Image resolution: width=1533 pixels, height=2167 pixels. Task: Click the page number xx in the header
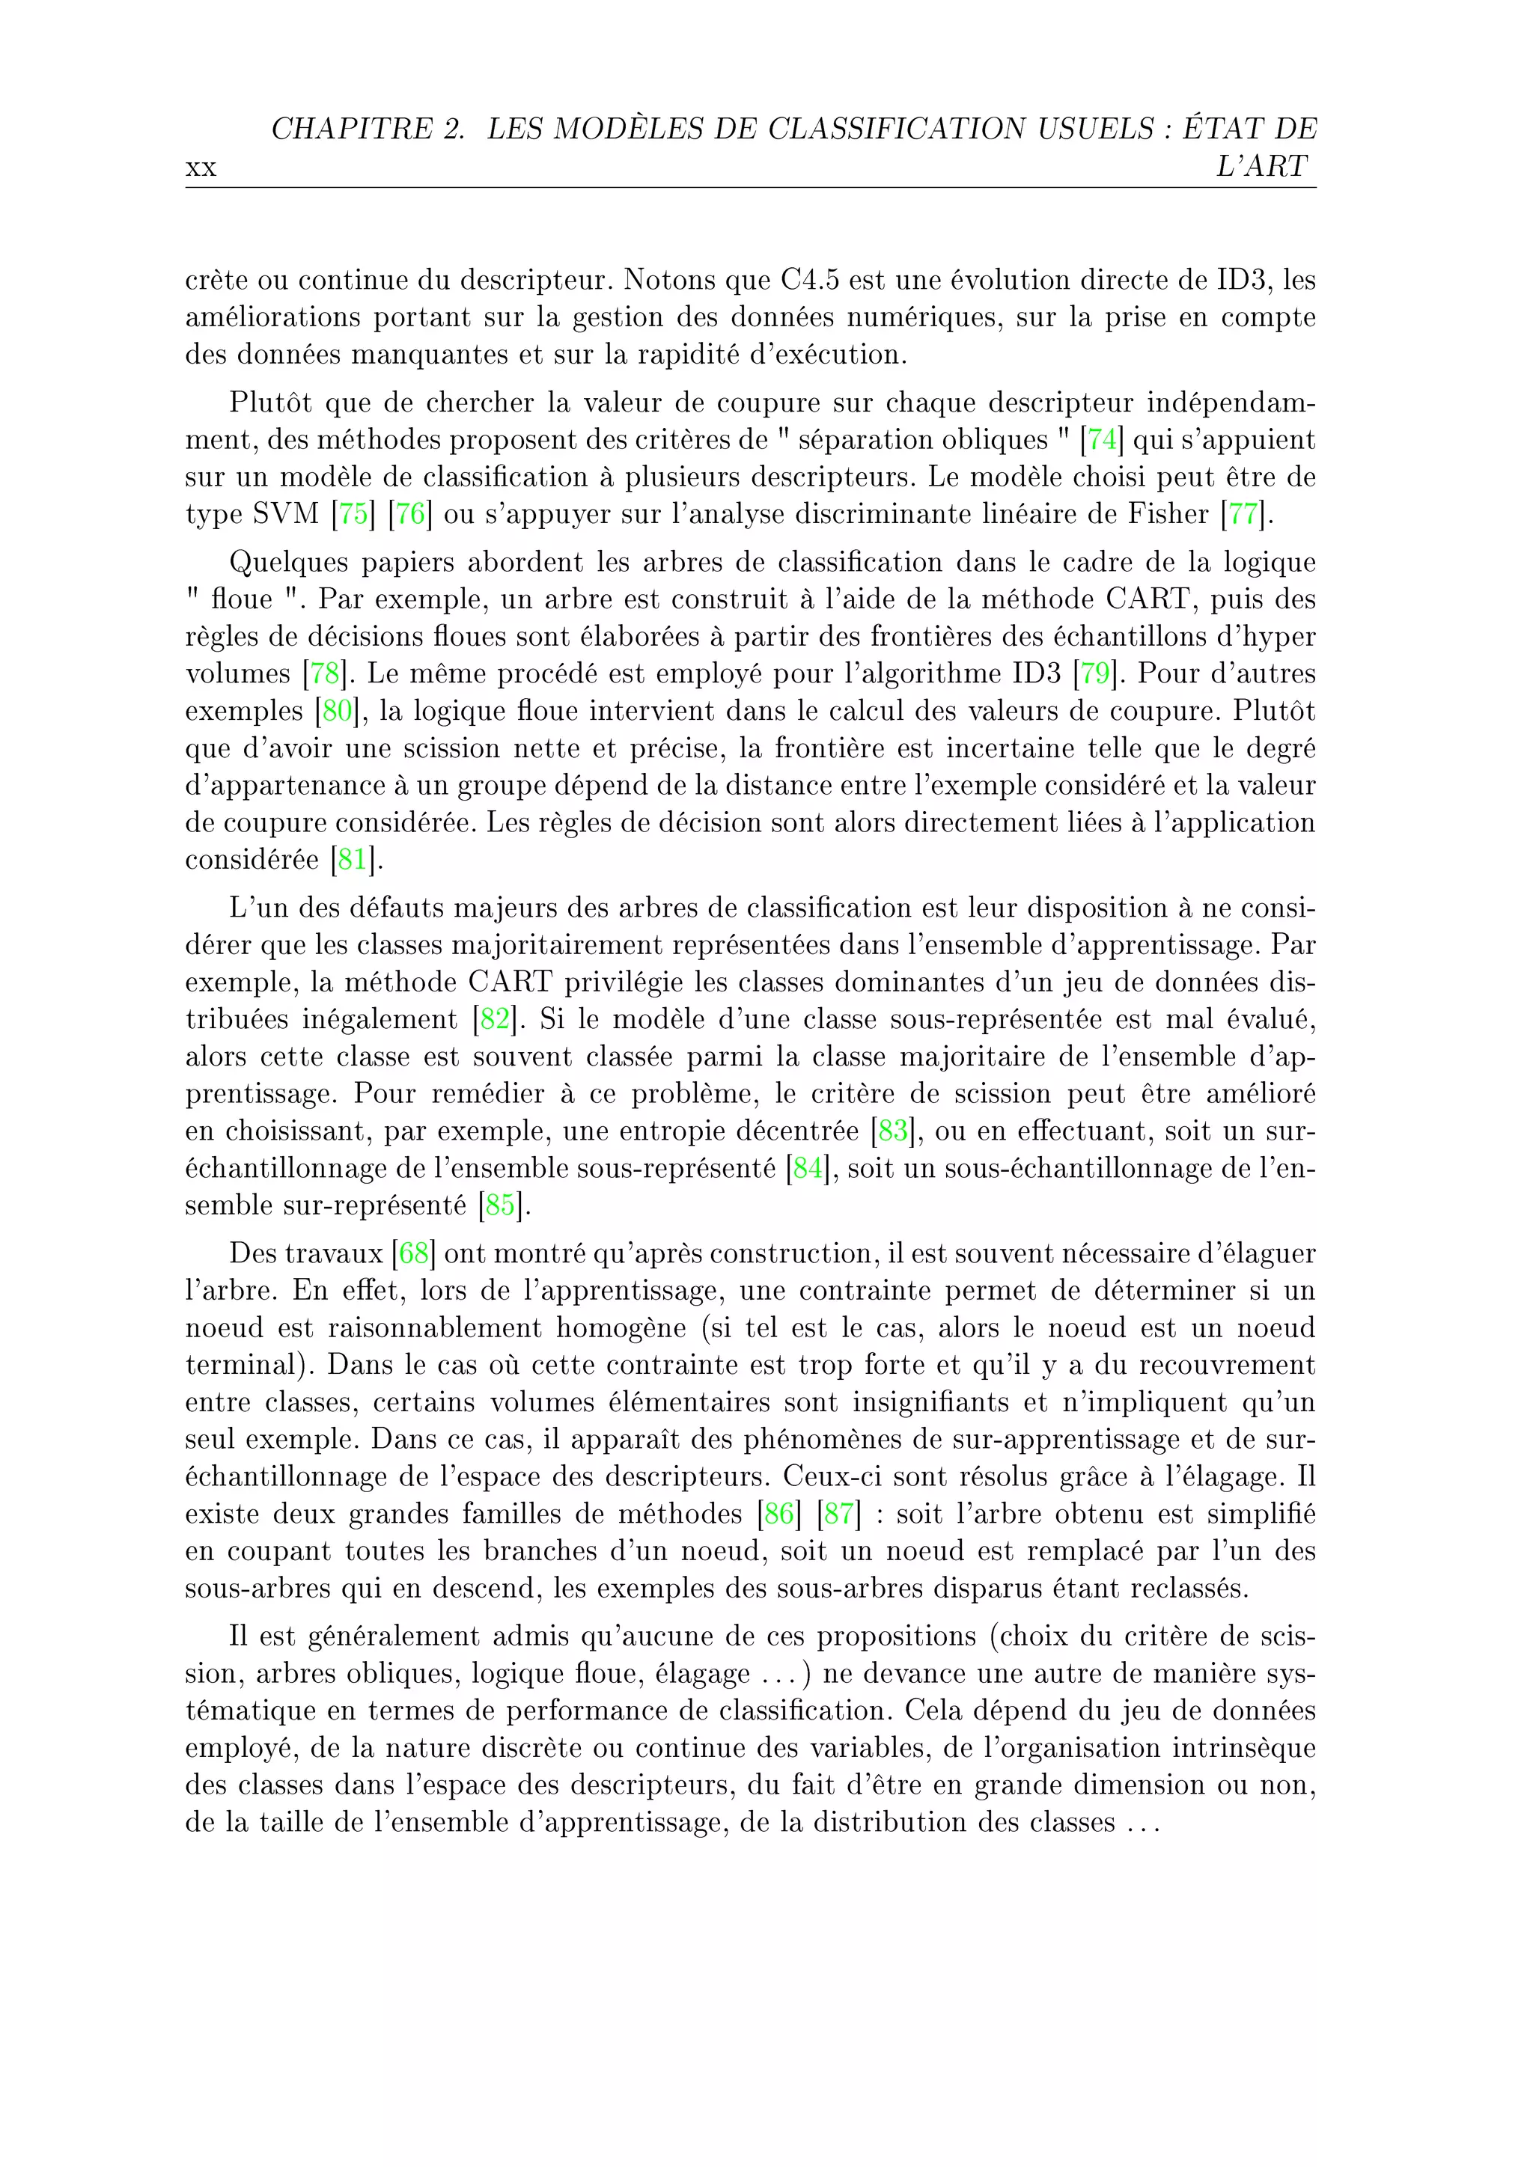click(x=201, y=169)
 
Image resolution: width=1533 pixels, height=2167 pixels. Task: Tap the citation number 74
click(x=1102, y=440)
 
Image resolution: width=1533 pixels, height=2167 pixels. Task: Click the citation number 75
click(x=353, y=514)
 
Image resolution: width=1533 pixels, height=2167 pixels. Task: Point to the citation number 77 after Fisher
click(x=1243, y=514)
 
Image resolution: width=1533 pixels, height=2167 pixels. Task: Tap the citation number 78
click(x=325, y=674)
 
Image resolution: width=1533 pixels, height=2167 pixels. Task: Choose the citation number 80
click(x=337, y=711)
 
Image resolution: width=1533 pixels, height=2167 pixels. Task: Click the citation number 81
click(x=352, y=860)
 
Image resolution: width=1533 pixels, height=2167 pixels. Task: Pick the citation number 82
click(x=495, y=1019)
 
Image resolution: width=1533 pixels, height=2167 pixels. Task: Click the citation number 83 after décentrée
click(x=892, y=1131)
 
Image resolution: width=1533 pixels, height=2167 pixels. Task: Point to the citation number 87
click(x=838, y=1514)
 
